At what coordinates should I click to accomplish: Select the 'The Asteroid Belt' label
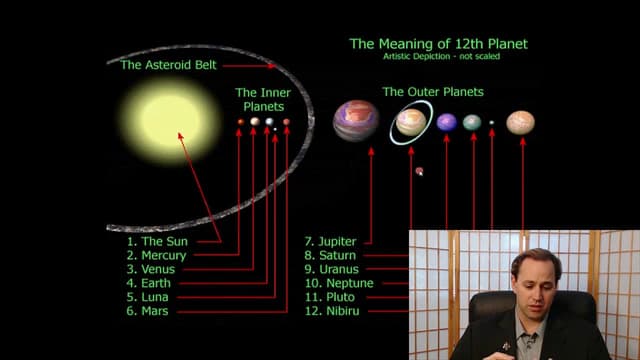(x=166, y=65)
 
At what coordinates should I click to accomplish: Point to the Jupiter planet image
(x=355, y=120)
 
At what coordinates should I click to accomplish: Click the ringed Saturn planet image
(x=411, y=122)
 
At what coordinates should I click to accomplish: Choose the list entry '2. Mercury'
(x=157, y=256)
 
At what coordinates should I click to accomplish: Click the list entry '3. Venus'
(x=153, y=270)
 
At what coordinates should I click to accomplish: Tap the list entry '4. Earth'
(x=152, y=284)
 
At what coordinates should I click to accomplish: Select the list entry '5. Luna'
(x=152, y=298)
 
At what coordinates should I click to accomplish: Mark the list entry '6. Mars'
(x=151, y=312)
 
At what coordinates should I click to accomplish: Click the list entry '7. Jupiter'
(x=331, y=242)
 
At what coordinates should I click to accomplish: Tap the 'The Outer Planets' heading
(x=433, y=92)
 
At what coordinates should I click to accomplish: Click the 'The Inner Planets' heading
(x=263, y=99)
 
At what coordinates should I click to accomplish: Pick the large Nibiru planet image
(x=520, y=122)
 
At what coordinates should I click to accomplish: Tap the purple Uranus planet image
(x=446, y=122)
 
